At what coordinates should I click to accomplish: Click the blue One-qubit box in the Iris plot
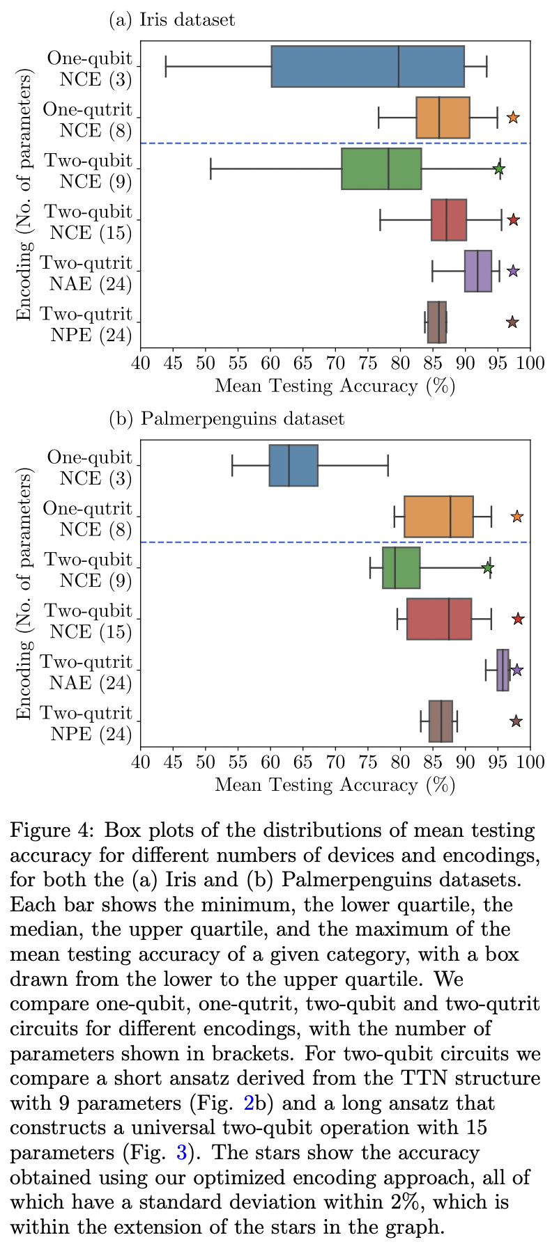click(x=367, y=66)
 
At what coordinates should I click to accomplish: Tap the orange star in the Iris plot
click(x=512, y=118)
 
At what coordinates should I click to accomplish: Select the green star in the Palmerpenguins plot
click(x=488, y=568)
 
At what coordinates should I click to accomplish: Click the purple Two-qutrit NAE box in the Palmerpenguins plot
click(x=503, y=670)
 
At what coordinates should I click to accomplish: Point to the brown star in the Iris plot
click(x=512, y=322)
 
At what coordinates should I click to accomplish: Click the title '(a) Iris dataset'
click(x=172, y=19)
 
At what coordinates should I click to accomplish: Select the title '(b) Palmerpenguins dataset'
click(x=227, y=418)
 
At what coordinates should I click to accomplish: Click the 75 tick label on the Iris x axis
click(x=367, y=363)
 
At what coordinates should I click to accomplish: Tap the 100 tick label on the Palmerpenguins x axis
click(x=530, y=762)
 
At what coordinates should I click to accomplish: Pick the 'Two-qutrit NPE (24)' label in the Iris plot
click(x=85, y=324)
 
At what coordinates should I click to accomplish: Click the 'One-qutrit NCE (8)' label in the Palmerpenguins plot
click(x=87, y=519)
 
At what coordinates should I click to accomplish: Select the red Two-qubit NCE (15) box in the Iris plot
click(x=449, y=220)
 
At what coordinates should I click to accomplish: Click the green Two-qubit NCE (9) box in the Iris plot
click(x=381, y=168)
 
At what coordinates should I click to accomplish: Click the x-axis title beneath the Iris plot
click(x=335, y=386)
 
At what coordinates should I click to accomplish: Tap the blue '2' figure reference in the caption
click(x=248, y=1103)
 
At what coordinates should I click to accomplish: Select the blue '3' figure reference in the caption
click(x=182, y=1153)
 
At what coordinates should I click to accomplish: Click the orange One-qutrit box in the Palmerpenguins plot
click(x=438, y=517)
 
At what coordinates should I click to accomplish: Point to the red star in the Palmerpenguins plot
click(x=518, y=619)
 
